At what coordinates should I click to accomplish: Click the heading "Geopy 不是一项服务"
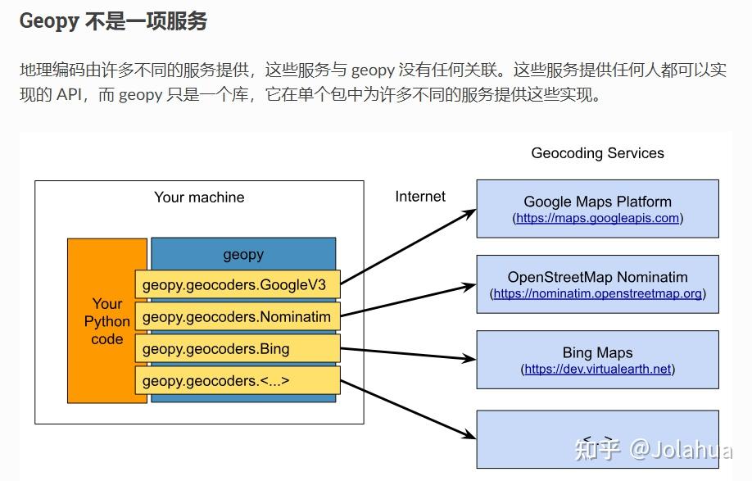(x=113, y=21)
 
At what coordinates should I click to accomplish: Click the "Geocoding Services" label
(x=597, y=153)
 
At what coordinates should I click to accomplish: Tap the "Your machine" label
(x=199, y=197)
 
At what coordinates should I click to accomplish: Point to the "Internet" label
(x=420, y=197)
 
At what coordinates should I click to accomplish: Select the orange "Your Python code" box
(x=107, y=320)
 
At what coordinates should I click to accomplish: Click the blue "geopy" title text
(x=243, y=254)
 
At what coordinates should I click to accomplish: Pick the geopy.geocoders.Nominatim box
(x=237, y=317)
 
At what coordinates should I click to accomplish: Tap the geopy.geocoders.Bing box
(x=237, y=349)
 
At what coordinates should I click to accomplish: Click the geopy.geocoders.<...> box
(x=237, y=381)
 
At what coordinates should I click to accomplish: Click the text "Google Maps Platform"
(x=597, y=202)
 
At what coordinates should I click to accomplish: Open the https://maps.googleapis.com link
(x=597, y=218)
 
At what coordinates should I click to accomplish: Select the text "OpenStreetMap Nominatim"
(x=597, y=277)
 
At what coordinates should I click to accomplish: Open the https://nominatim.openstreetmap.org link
(x=597, y=293)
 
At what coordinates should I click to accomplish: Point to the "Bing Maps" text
(x=597, y=353)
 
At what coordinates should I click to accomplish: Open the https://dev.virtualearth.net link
(x=597, y=369)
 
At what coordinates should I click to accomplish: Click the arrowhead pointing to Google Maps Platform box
(x=469, y=212)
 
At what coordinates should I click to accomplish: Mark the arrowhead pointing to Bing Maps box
(x=469, y=358)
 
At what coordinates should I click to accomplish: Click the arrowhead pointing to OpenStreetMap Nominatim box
(x=469, y=287)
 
